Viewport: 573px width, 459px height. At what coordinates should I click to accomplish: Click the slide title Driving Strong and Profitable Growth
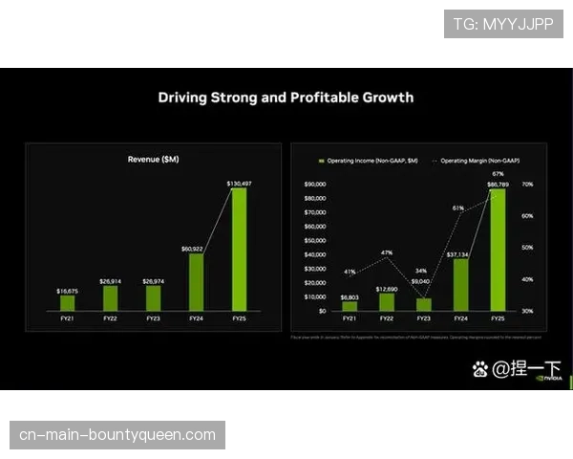click(286, 98)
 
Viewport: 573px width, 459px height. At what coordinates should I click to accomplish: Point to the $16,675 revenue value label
click(68, 289)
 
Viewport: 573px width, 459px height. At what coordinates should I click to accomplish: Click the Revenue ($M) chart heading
click(153, 159)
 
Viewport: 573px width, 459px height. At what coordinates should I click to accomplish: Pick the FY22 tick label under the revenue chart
click(110, 317)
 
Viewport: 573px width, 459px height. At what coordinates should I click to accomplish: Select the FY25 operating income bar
click(498, 250)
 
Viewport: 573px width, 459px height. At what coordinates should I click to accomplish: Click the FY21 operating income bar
click(350, 306)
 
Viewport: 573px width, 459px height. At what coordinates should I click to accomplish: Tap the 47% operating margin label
click(387, 252)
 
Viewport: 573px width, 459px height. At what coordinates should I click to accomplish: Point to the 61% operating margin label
click(458, 208)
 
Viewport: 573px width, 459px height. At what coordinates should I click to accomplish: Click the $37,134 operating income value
click(460, 254)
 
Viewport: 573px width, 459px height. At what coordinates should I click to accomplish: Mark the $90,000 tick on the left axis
click(314, 184)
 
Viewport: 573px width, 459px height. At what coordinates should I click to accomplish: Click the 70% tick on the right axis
click(527, 184)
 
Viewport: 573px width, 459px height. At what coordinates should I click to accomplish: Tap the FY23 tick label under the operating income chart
click(424, 318)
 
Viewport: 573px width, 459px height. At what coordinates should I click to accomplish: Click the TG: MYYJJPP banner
click(503, 24)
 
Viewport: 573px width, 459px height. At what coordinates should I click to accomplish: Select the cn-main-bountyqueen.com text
click(118, 435)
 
